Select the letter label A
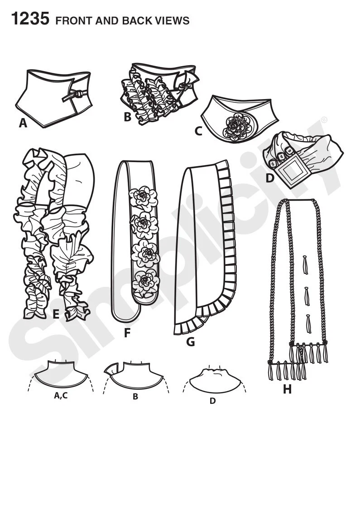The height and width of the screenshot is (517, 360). (23, 122)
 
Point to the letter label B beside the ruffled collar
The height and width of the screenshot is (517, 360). (127, 117)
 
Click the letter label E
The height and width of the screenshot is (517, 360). (56, 313)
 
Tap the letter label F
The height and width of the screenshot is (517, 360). (127, 333)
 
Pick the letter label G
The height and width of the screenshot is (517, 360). (190, 342)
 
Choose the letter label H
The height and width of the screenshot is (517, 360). (287, 388)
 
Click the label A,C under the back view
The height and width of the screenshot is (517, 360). (61, 396)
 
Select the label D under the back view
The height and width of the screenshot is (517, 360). (213, 401)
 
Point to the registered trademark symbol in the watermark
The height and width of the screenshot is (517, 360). (323, 120)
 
